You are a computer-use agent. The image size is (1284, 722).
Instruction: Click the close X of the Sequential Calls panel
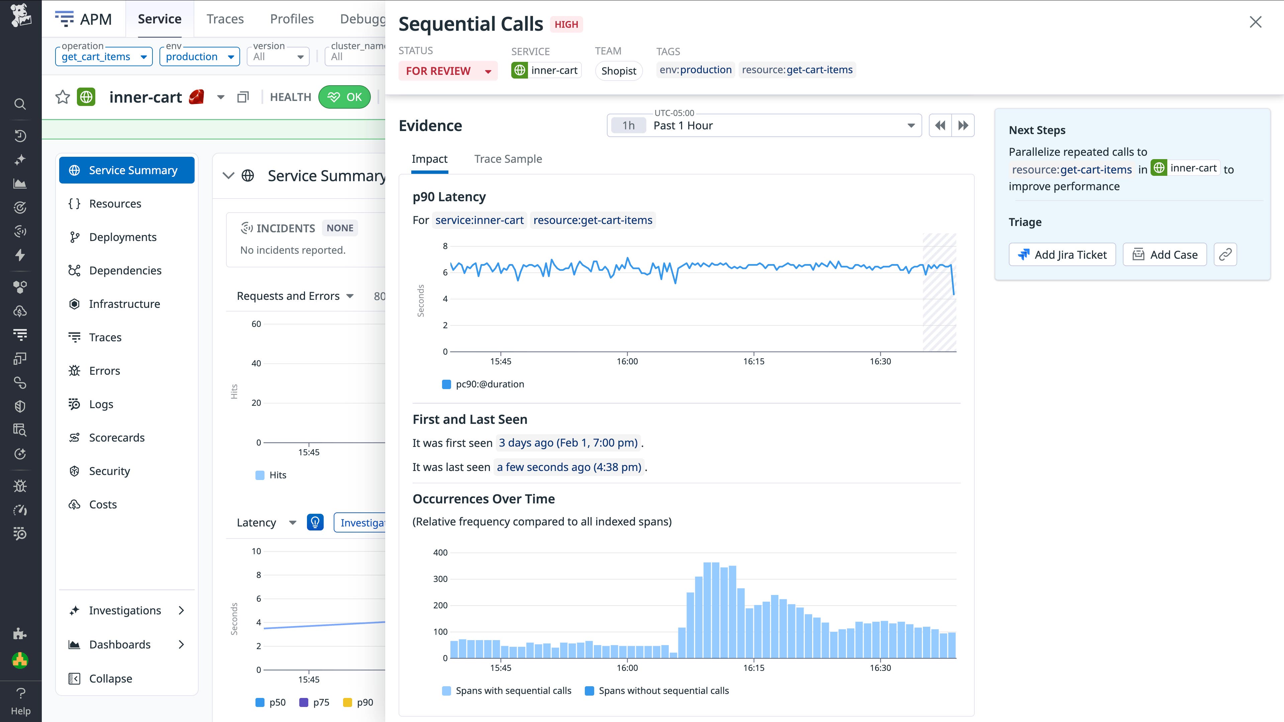tap(1255, 22)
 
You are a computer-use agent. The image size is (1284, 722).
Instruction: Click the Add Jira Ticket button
tap(1062, 255)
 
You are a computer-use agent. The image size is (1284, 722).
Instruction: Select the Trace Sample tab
tap(508, 159)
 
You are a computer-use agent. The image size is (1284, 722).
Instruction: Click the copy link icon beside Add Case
tap(1225, 255)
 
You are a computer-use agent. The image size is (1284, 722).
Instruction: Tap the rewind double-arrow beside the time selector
tap(940, 126)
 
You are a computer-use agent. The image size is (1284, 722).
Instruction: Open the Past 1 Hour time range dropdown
tap(764, 126)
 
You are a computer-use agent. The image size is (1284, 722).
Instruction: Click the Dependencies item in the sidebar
tap(125, 270)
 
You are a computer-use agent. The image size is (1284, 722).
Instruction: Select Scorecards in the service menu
tap(117, 438)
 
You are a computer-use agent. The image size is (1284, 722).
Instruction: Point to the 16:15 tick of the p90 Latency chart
tap(754, 361)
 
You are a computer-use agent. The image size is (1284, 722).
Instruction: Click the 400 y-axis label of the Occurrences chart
tap(440, 552)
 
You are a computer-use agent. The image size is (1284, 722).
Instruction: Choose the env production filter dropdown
tap(199, 56)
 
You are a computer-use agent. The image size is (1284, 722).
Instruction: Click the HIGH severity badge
tap(566, 24)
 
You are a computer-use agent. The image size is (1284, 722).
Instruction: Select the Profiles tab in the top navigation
tap(292, 19)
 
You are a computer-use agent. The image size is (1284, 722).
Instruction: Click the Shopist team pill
tap(619, 71)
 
